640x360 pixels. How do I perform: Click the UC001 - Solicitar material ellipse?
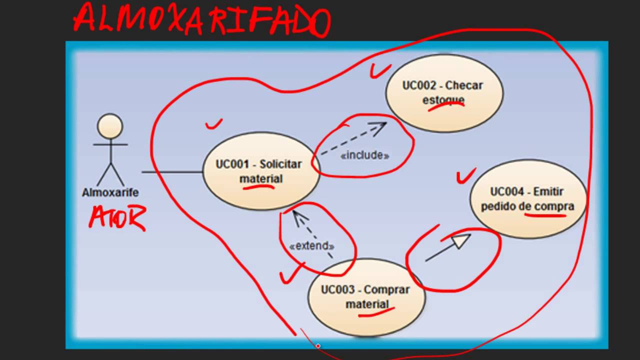260,171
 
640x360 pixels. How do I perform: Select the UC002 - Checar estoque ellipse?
444,92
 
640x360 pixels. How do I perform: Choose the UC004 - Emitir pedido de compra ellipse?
528,198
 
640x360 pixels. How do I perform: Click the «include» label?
364,155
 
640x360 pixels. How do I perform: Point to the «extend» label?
311,246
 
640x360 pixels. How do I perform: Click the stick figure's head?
110,126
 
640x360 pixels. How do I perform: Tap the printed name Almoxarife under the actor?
110,192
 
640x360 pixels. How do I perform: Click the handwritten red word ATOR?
117,218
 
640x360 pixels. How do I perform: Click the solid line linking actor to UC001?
172,172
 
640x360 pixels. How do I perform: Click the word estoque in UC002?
443,99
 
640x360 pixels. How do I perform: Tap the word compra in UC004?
554,206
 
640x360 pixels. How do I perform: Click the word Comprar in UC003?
386,289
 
